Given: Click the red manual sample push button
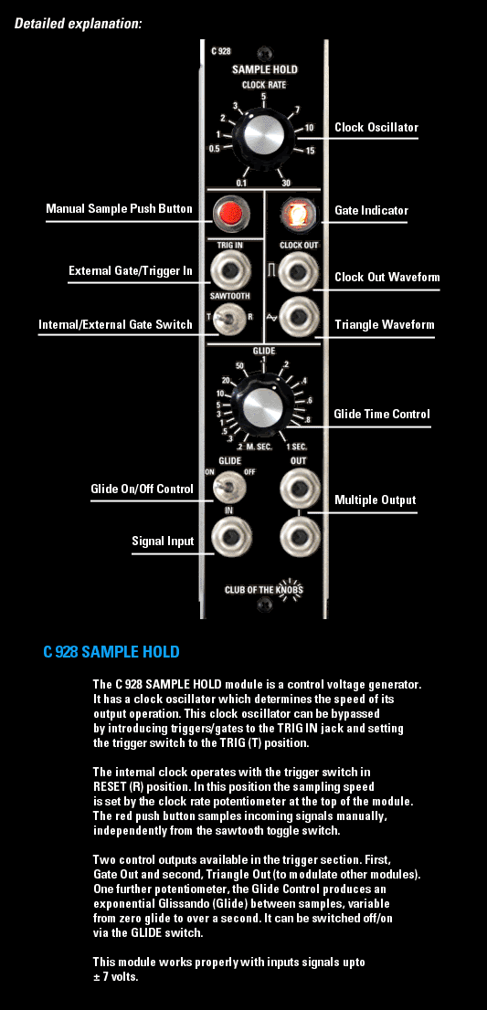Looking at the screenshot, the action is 229,212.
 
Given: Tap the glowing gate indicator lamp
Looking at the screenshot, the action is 298,213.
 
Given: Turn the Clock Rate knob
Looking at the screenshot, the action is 263,135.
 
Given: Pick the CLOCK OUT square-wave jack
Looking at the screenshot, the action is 298,272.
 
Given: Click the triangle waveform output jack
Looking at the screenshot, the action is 298,317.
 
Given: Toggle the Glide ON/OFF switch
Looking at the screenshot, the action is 228,488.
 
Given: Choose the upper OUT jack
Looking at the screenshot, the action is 299,488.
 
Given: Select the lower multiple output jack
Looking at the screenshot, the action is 299,536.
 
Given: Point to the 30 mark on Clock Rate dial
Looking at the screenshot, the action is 286,183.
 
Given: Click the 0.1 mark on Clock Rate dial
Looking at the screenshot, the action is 241,183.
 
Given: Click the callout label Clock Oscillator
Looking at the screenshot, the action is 376,128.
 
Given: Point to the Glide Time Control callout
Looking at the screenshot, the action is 382,415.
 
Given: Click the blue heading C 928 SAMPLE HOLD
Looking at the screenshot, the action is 111,652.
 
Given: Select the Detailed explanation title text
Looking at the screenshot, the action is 78,24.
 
